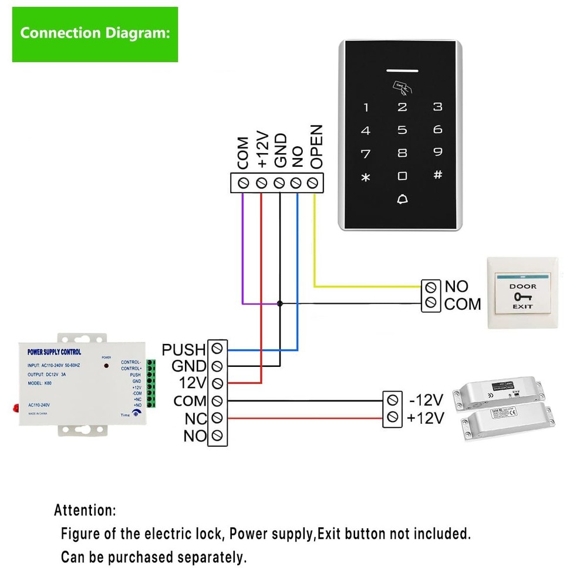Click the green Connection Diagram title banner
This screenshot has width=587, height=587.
tap(95, 34)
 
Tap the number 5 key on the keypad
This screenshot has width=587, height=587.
tap(402, 130)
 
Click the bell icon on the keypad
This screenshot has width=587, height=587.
tap(402, 199)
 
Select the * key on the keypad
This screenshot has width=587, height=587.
tap(366, 177)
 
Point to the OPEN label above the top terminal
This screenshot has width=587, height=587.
tap(316, 147)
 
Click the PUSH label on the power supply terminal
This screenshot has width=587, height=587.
tap(184, 350)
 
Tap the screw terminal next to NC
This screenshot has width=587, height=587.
tap(218, 418)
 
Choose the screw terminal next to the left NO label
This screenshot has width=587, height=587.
tap(218, 436)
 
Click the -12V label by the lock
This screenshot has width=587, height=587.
tap(426, 400)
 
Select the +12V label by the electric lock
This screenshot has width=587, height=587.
tap(426, 418)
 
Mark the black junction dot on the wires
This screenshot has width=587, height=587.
tap(280, 303)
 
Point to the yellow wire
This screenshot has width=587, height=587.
tap(315, 247)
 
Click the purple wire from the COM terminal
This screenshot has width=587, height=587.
tap(243, 247)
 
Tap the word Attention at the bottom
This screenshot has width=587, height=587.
tap(85, 510)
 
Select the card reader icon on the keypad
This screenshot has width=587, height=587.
tap(402, 88)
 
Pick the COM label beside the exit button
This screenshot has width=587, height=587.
tap(463, 304)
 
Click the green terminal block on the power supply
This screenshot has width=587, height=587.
tap(151, 384)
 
